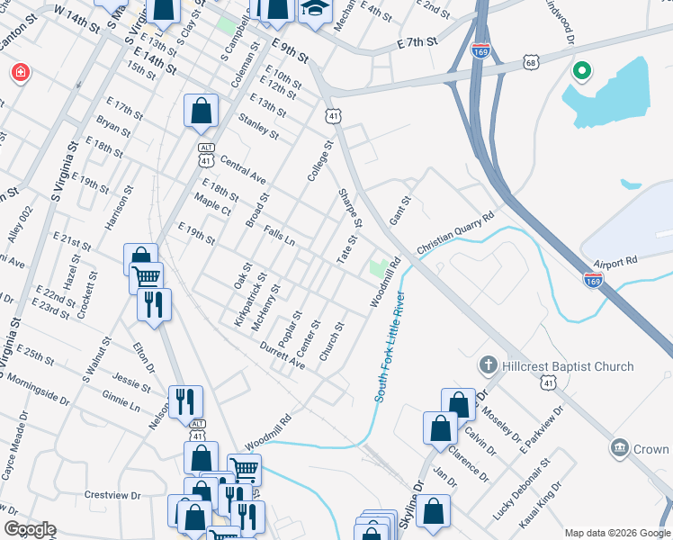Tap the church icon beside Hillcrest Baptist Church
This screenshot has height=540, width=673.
pyautogui.click(x=487, y=366)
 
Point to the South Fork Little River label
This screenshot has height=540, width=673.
pyautogui.click(x=390, y=346)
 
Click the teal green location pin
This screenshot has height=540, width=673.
pyautogui.click(x=581, y=69)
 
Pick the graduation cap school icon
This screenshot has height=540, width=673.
pyautogui.click(x=315, y=8)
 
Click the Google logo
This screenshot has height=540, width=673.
pyautogui.click(x=30, y=529)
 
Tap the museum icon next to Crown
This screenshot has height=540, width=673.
pyautogui.click(x=620, y=447)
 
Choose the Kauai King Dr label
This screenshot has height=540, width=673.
pyautogui.click(x=548, y=501)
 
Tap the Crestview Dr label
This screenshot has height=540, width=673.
pyautogui.click(x=112, y=495)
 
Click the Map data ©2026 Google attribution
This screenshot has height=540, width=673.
pyautogui.click(x=616, y=533)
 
